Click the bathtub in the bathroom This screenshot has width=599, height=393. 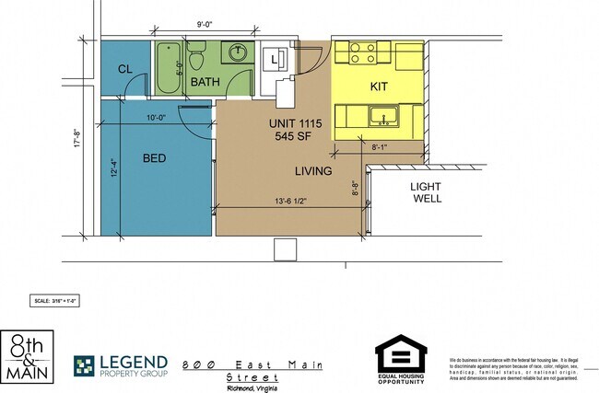coord(169,68)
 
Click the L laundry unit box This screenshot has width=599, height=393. coord(275,62)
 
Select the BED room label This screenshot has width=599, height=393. coord(154,158)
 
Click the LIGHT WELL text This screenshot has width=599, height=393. coord(427,191)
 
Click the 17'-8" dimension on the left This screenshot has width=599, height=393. coord(80,136)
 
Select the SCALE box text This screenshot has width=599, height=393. coord(56,300)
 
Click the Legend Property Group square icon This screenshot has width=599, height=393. coord(86,366)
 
